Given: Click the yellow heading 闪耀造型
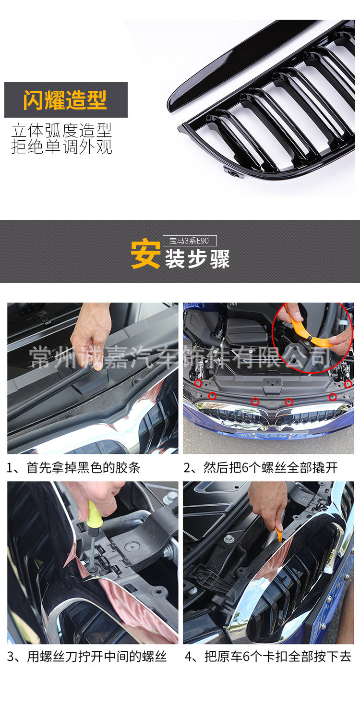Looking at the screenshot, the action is point(65,100).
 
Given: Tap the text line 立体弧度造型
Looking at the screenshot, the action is point(62,130).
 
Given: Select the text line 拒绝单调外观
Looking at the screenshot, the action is point(62,147).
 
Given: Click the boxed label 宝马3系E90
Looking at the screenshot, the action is point(190,241).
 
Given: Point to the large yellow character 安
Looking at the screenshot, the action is point(146,255).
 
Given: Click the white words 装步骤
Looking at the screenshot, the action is point(197,259).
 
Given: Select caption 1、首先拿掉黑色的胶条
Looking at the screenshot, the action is point(73,468).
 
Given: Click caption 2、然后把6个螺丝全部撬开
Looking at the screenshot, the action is point(261,468).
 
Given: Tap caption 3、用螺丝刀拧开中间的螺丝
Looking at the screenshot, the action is point(87,657).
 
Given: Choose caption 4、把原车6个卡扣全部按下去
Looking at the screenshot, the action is point(268,657).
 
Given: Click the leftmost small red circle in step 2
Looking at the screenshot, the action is point(198,383).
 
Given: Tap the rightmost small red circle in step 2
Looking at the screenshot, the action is point(348,384).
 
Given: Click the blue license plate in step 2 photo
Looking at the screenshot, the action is point(271,435).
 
